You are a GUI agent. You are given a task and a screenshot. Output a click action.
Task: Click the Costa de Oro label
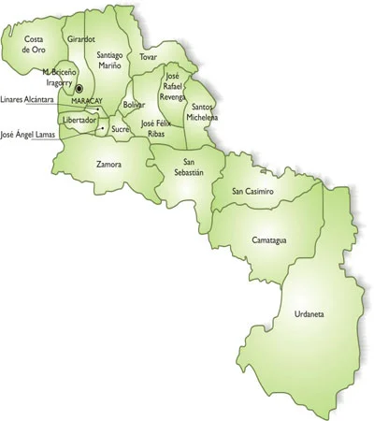34,43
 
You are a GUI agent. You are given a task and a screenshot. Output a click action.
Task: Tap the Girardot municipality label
81,39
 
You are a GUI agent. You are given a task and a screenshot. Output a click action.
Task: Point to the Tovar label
148,57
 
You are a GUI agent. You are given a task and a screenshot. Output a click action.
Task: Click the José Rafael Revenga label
172,85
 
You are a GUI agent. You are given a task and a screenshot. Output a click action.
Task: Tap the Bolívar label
135,105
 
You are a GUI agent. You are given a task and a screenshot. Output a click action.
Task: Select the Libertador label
79,121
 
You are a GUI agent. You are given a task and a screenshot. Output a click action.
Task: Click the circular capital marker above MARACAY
79,90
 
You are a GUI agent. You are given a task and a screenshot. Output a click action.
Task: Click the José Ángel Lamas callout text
27,134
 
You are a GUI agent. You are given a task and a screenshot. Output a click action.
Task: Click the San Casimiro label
252,191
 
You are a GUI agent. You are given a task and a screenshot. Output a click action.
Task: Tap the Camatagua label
269,240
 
